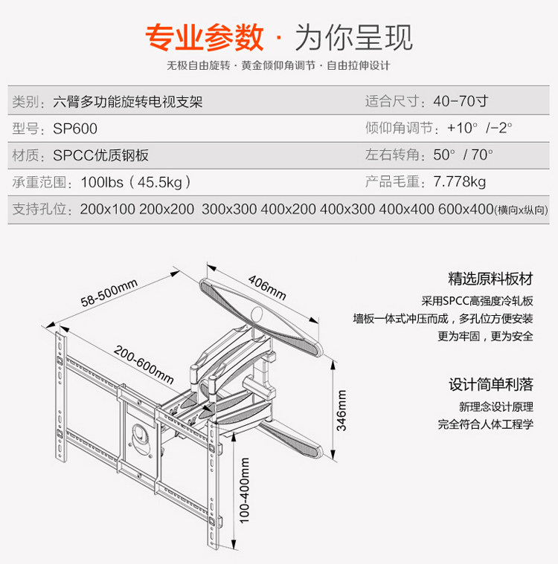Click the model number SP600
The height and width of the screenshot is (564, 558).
pos(75,129)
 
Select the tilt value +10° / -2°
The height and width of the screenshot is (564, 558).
pos(480,129)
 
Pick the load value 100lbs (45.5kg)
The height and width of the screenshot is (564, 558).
pos(136,182)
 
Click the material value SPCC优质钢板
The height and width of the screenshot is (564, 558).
pos(100,155)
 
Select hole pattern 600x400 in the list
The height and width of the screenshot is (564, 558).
pos(466,210)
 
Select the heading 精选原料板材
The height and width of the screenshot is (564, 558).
pos(490,279)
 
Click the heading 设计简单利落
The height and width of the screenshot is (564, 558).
pos(490,385)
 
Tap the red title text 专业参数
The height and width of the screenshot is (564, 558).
pos(204,36)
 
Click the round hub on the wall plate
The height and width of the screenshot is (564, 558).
pos(141,433)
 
